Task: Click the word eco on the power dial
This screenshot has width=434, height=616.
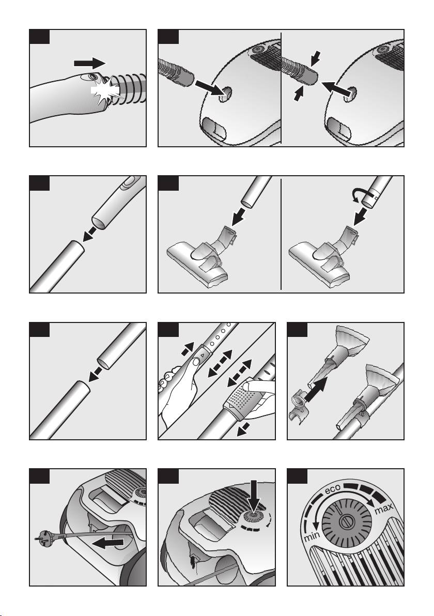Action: tap(332, 490)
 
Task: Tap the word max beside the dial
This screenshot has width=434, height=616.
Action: tap(384, 509)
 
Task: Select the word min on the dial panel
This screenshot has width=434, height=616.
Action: tap(312, 536)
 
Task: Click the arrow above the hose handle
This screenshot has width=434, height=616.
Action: tap(89, 63)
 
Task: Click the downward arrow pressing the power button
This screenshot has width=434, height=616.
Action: tap(253, 495)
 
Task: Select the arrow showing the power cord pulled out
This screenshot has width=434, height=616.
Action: tap(109, 543)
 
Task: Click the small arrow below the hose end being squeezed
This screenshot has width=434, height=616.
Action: tap(299, 94)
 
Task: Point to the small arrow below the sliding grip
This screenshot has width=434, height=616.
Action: tap(244, 429)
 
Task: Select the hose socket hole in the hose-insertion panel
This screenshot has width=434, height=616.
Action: tap(226, 95)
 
